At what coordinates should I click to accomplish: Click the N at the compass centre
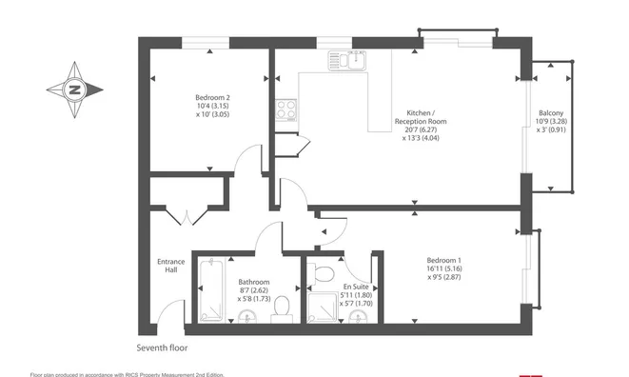click(x=74, y=89)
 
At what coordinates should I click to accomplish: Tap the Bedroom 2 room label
click(x=212, y=97)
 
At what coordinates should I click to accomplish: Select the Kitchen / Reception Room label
click(x=421, y=117)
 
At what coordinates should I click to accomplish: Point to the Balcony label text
click(x=551, y=113)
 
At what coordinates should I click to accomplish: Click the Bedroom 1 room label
click(x=443, y=260)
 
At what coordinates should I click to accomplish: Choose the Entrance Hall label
click(x=171, y=266)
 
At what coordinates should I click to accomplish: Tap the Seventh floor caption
click(x=162, y=348)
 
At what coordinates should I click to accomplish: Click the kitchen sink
click(x=347, y=61)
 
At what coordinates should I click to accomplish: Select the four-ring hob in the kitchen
click(x=286, y=110)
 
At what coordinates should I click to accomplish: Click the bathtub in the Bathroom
click(x=211, y=289)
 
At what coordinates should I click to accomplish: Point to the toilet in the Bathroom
click(x=282, y=309)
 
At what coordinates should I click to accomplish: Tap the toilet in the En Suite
click(x=321, y=274)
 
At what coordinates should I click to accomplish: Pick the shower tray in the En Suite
click(x=323, y=308)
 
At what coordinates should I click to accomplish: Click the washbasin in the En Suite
click(x=358, y=318)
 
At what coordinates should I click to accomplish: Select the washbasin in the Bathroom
click(x=247, y=317)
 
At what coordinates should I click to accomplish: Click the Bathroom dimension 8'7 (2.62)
click(x=253, y=290)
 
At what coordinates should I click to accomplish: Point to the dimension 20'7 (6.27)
click(x=421, y=129)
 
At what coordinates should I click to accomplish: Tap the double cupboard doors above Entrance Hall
click(x=187, y=216)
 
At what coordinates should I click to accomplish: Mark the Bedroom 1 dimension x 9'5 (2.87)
click(x=444, y=277)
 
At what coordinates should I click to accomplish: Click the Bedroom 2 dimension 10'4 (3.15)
click(x=212, y=106)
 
